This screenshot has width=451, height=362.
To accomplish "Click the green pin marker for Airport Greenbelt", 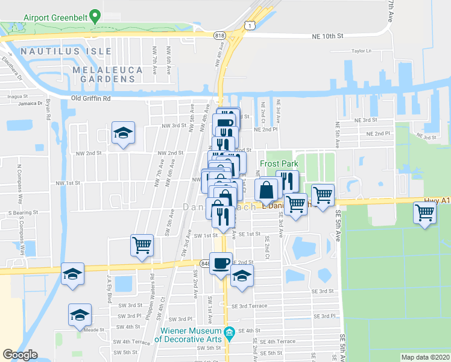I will coord(93,14).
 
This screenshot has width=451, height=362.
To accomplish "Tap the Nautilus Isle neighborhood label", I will coord(58,52).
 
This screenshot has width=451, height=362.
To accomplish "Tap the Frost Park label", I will coord(279,164).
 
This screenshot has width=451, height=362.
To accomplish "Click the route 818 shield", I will coord(219,36).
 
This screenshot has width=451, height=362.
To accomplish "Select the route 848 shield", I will coord(206,263).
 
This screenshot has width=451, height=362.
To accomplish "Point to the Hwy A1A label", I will coord(438,200).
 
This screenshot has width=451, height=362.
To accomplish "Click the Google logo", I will coord(20,355).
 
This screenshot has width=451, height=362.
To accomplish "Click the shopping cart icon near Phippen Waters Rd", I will coord(142,245).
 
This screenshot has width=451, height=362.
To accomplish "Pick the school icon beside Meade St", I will coord(80,314).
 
